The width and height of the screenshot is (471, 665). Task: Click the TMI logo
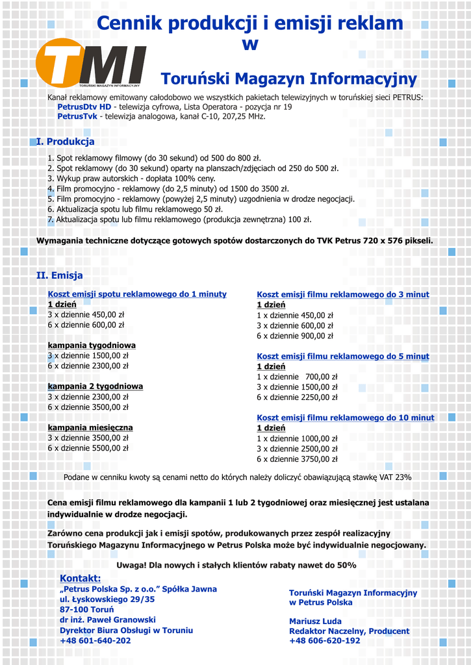click(x=91, y=63)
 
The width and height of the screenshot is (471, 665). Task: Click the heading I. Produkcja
click(x=65, y=142)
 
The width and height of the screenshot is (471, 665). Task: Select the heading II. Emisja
click(x=59, y=275)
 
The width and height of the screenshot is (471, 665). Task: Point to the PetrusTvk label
click(x=77, y=116)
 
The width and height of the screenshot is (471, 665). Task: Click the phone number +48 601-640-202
click(x=95, y=640)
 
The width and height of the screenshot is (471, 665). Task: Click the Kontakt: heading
click(x=80, y=578)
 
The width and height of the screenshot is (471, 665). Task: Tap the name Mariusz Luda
click(x=315, y=621)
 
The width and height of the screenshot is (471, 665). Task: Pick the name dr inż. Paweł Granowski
click(x=107, y=620)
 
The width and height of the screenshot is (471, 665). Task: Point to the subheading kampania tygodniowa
click(x=92, y=345)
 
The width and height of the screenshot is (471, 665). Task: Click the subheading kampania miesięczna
click(x=90, y=427)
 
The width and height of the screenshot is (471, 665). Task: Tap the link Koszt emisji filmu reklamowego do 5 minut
click(x=343, y=357)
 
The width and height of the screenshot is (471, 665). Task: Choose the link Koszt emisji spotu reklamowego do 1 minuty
click(x=137, y=294)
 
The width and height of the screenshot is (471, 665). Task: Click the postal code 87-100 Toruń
click(x=86, y=609)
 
